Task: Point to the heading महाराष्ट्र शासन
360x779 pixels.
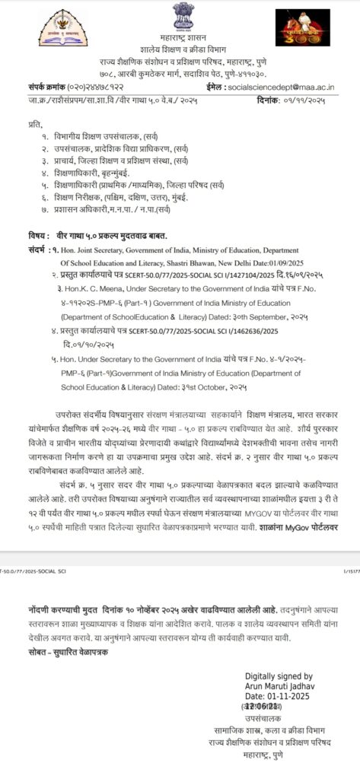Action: coord(183,37)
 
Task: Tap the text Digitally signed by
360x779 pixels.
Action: coord(279,676)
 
